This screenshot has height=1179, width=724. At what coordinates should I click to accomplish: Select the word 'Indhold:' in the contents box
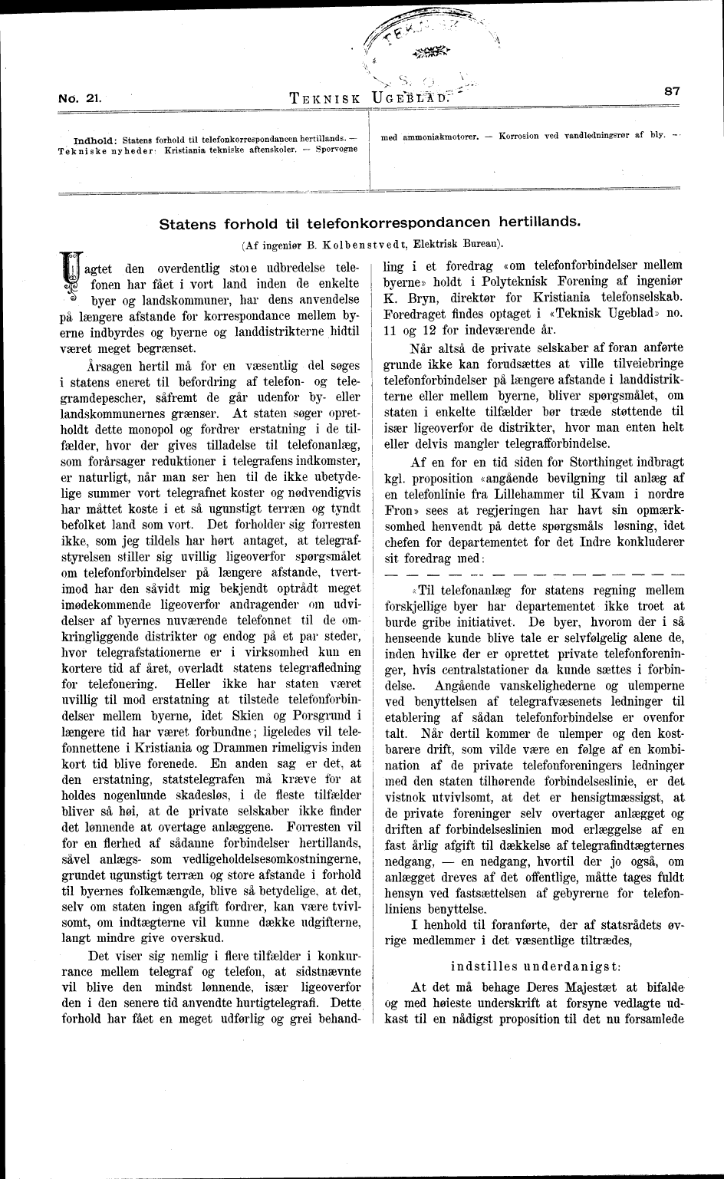click(94, 140)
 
